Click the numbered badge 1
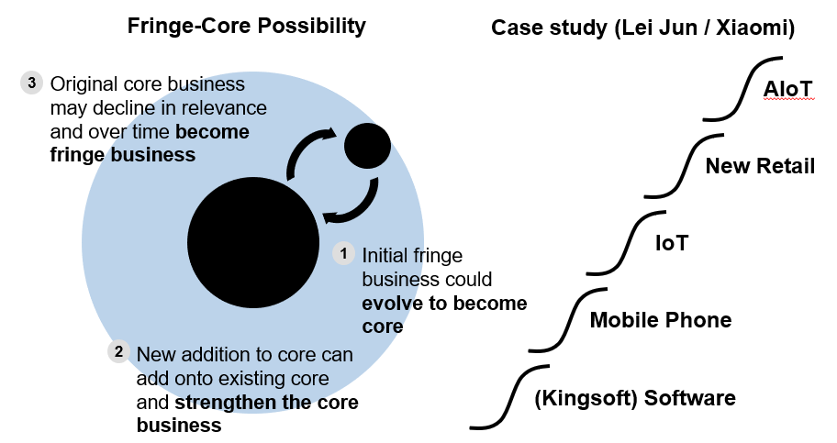(x=343, y=253)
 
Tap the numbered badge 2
(x=118, y=351)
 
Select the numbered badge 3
(x=31, y=83)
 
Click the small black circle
(x=367, y=146)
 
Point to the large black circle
(x=253, y=242)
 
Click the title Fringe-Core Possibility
(x=247, y=26)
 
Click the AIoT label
(x=787, y=89)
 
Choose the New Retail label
(x=760, y=166)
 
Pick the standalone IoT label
(x=672, y=243)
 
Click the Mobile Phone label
(x=661, y=320)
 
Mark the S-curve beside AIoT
(x=742, y=89)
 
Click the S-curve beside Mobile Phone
(x=568, y=320)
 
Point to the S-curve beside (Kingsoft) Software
(x=509, y=397)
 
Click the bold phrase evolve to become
(x=444, y=304)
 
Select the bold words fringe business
(x=123, y=155)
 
